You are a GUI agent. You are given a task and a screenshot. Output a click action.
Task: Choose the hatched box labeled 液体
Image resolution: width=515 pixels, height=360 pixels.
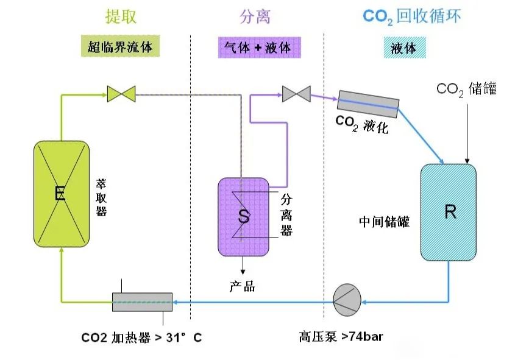tap(404, 48)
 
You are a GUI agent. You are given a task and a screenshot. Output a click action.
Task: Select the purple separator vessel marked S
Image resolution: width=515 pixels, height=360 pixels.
tap(244, 216)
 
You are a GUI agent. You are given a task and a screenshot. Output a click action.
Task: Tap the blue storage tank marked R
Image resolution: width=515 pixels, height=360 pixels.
tap(449, 212)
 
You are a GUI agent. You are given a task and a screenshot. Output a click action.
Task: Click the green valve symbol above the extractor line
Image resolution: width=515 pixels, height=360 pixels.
tap(121, 94)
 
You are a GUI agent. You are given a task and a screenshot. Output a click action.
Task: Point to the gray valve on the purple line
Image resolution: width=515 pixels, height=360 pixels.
tap(296, 94)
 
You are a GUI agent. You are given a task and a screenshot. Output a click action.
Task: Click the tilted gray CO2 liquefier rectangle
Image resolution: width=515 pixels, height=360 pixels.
tap(368, 104)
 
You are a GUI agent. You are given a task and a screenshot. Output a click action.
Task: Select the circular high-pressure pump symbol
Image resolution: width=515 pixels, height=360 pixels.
tap(347, 301)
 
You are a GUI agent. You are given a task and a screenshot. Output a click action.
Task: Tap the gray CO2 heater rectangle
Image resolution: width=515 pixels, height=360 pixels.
tap(142, 302)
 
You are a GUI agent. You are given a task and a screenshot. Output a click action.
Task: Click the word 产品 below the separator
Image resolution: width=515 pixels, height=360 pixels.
tap(242, 286)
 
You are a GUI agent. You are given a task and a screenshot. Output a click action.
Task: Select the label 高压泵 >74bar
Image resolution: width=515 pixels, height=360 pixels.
tap(341, 336)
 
